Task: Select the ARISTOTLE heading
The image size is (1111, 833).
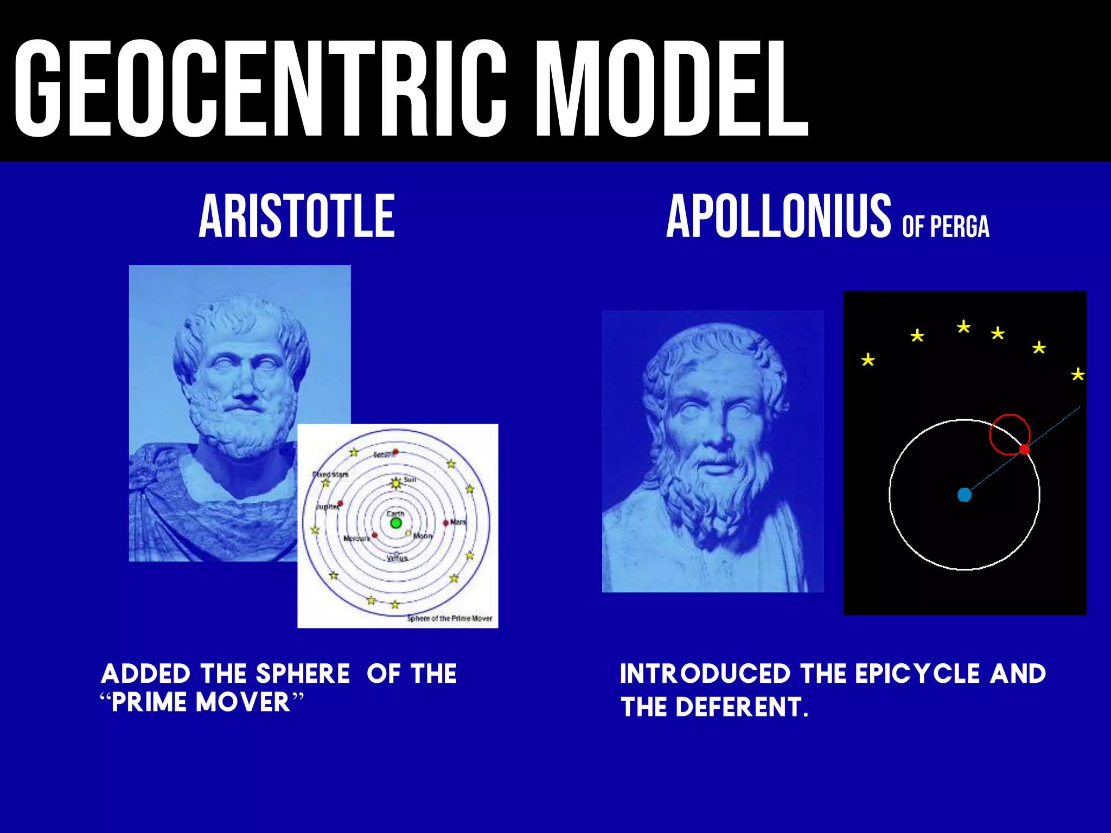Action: click(297, 216)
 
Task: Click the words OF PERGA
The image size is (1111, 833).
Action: click(946, 227)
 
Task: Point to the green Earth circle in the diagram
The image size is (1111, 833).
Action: click(396, 523)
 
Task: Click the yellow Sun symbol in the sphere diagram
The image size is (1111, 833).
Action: click(396, 483)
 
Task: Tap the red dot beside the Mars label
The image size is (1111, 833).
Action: click(446, 523)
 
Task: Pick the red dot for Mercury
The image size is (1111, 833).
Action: click(375, 535)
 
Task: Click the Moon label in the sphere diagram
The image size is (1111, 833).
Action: click(423, 536)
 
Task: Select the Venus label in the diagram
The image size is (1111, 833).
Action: click(398, 558)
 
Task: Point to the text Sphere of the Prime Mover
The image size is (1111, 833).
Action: click(450, 618)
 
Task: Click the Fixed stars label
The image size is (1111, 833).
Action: click(331, 475)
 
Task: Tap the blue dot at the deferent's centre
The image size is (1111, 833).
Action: click(964, 495)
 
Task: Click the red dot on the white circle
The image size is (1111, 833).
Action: click(1024, 450)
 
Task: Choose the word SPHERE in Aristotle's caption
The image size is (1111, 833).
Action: click(303, 674)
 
